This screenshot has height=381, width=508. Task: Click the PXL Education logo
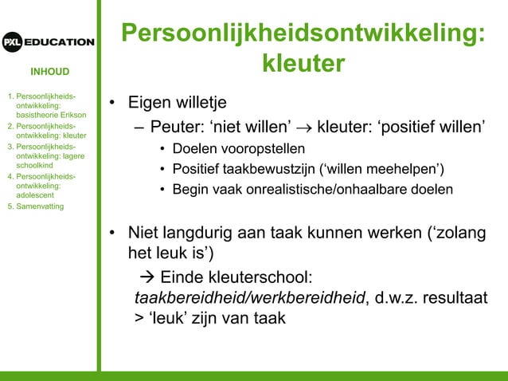(x=48, y=41)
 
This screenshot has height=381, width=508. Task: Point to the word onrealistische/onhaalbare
(x=334, y=189)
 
